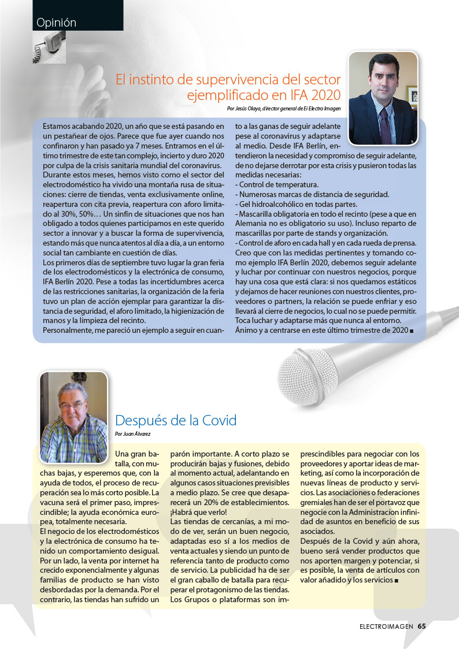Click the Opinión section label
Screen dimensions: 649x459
point(56,23)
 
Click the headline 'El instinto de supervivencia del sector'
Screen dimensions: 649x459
point(228,79)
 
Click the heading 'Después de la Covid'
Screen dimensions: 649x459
point(176,420)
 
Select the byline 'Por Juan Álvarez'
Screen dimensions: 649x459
point(133,433)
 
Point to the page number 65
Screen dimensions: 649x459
point(421,626)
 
